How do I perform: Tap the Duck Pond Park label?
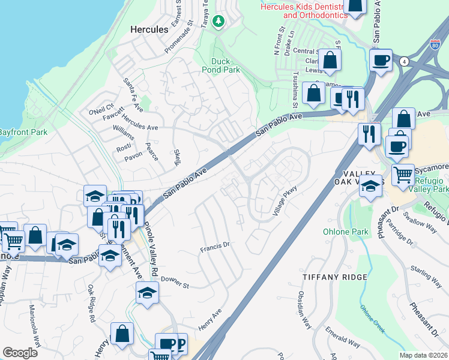226,65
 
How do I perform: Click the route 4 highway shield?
405,61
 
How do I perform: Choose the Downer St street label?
175,282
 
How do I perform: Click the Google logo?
20,352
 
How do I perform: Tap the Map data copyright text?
423,355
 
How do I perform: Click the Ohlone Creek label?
372,318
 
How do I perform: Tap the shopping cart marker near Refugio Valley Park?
403,175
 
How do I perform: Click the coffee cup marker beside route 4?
381,60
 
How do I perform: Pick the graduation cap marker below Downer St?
146,293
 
